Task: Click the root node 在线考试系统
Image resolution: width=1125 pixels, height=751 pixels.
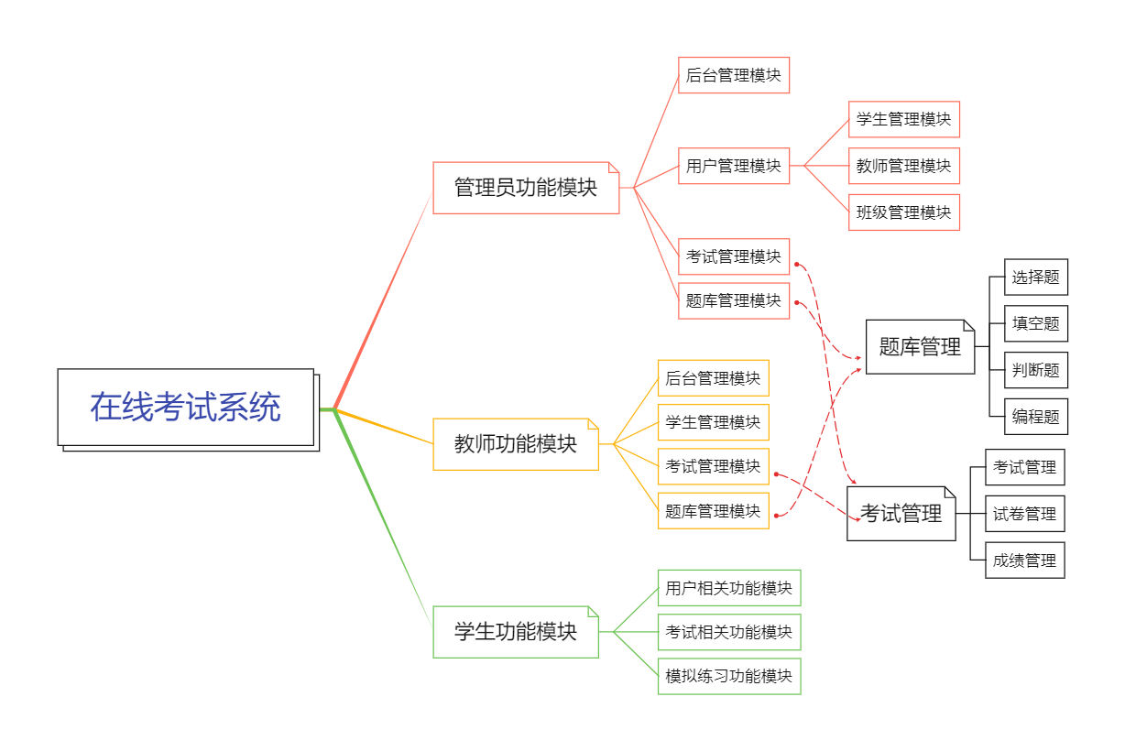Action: pos(186,408)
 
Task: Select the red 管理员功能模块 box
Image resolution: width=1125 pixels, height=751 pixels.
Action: pos(526,188)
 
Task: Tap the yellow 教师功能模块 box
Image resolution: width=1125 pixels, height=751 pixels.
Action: pos(516,444)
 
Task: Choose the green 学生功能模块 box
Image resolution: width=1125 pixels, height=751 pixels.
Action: pos(516,632)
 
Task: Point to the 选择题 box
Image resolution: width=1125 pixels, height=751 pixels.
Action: pos(1036,278)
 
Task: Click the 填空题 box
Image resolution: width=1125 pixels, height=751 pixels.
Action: pos(1036,323)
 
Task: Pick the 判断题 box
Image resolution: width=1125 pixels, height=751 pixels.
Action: pos(1036,370)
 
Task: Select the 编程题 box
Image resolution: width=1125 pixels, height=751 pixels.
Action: pos(1036,417)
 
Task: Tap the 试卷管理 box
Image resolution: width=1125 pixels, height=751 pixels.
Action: pos(1025,514)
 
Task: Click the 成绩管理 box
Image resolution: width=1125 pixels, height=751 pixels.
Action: pos(1025,561)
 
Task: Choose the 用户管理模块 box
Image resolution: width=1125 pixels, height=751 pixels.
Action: pos(734,166)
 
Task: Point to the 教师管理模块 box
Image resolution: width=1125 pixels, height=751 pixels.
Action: pos(904,166)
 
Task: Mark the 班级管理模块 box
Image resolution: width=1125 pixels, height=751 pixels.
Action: pos(904,212)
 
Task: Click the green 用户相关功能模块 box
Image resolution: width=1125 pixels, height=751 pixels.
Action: pos(729,588)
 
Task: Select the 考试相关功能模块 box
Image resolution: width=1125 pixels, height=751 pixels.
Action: pos(729,632)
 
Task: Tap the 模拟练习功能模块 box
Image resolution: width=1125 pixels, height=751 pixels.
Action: pos(729,676)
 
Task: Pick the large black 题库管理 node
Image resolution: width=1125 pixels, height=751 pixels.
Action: pos(920,347)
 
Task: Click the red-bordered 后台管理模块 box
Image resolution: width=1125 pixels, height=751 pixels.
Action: pos(734,75)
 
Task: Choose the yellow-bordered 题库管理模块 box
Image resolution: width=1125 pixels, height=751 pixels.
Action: pos(714,511)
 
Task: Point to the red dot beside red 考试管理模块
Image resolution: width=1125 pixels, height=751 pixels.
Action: pos(796,264)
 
